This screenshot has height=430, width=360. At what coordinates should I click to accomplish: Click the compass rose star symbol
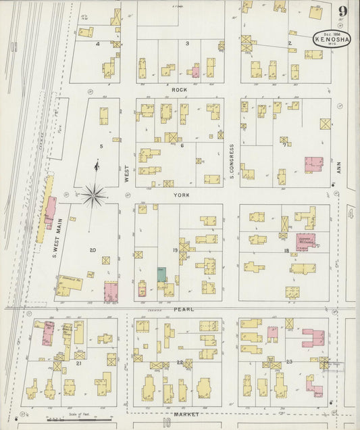coord(95,195)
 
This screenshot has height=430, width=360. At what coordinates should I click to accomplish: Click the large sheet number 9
coord(343,11)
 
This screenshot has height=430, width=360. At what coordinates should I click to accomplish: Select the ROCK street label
coord(179,90)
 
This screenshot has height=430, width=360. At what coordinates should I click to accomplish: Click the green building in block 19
coord(161,274)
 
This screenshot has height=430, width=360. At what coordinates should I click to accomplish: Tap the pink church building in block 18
coord(306,242)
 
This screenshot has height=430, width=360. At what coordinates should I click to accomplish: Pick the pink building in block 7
coord(313,165)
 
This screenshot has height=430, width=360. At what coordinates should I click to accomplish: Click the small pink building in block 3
coord(196,72)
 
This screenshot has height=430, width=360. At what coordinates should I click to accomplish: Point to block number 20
coord(93,250)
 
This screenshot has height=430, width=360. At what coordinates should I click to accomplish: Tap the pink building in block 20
coord(111,292)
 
